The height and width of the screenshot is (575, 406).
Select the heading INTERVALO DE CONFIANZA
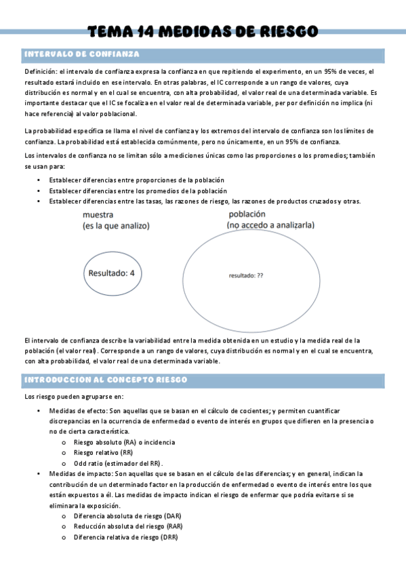point(82,54)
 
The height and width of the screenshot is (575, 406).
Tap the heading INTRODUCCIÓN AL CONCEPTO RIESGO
point(105,380)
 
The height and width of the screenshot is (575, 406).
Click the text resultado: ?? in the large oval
point(246,275)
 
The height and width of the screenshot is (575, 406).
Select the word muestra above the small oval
point(98,215)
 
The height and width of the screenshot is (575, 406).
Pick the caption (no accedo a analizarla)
point(270,225)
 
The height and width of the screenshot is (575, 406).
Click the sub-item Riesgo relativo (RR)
point(103,451)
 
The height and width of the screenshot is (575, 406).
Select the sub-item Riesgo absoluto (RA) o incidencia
point(119,441)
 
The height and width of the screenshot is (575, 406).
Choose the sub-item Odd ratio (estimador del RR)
point(119,462)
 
